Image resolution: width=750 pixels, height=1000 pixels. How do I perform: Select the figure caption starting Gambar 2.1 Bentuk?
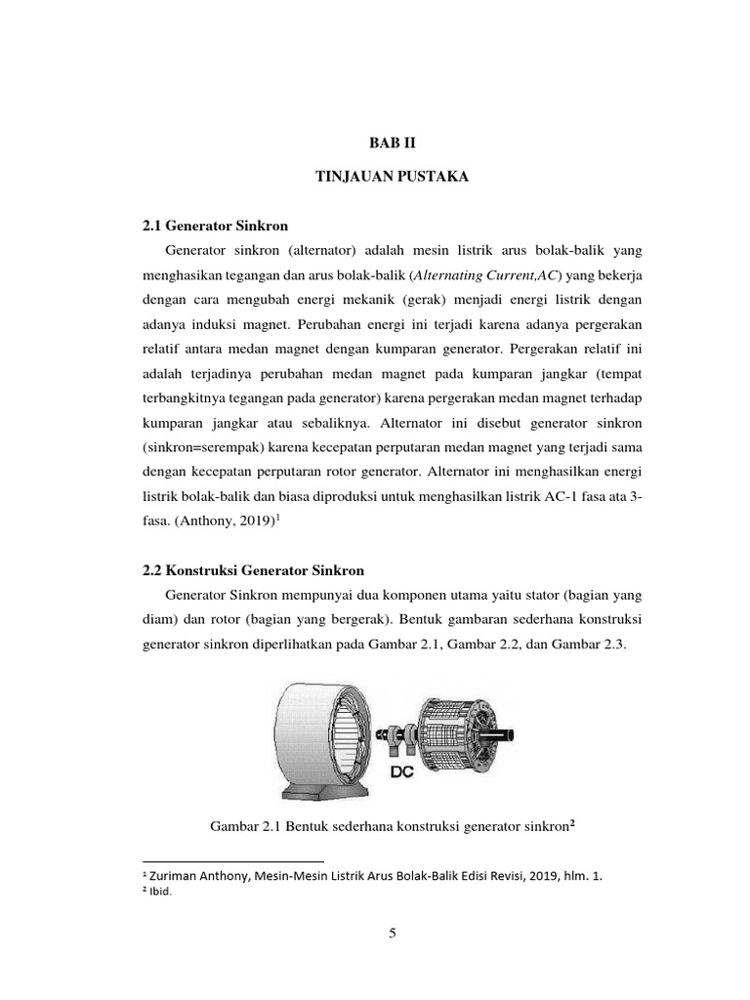click(392, 826)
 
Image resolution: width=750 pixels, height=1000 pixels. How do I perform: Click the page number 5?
click(393, 934)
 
